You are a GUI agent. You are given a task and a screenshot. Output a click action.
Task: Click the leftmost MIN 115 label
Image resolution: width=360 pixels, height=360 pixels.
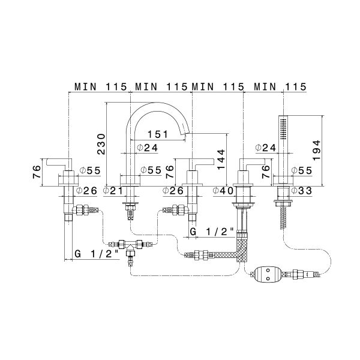[100, 86]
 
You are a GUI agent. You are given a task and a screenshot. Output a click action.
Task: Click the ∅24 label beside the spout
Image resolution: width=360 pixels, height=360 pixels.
[146, 148]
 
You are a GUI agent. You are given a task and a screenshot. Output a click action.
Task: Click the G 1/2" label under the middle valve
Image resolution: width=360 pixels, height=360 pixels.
[212, 231]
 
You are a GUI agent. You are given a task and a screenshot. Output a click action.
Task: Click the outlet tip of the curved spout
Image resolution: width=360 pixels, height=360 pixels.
[188, 136]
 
